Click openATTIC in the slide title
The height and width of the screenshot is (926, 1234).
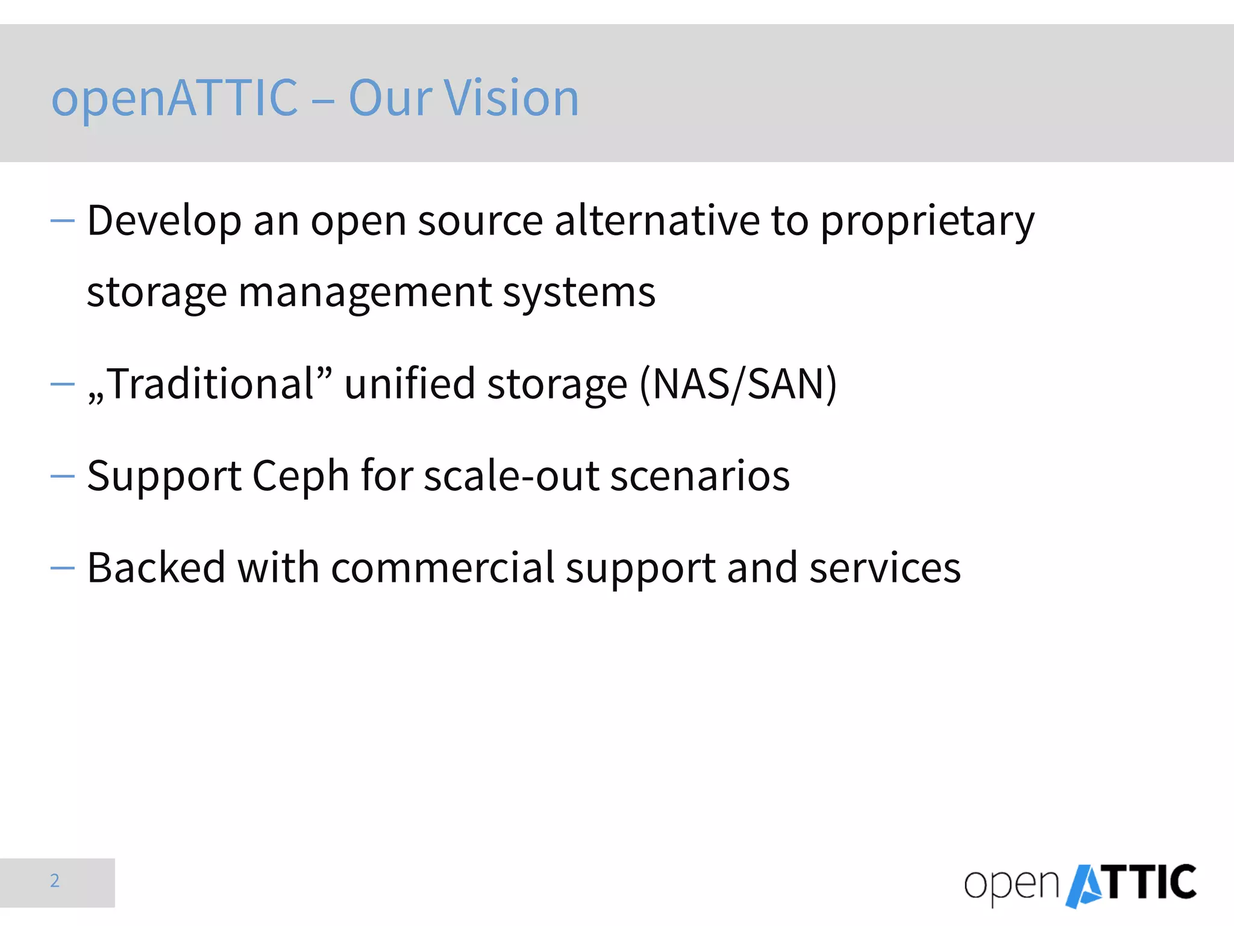click(175, 98)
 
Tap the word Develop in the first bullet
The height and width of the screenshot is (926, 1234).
click(164, 221)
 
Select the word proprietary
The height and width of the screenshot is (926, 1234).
click(927, 221)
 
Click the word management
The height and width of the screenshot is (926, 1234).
click(365, 292)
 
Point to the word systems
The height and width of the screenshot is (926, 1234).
click(579, 292)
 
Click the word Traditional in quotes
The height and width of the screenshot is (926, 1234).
click(211, 384)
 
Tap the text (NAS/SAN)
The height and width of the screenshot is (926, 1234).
click(738, 384)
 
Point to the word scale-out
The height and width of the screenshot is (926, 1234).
click(512, 476)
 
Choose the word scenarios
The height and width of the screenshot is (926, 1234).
click(700, 476)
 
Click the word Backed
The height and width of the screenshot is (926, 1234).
click(156, 568)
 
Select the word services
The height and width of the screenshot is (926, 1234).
click(885, 568)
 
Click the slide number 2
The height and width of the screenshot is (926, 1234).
click(55, 881)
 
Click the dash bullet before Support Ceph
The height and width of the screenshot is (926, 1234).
click(63, 476)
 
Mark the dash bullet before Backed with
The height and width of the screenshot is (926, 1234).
click(63, 568)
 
